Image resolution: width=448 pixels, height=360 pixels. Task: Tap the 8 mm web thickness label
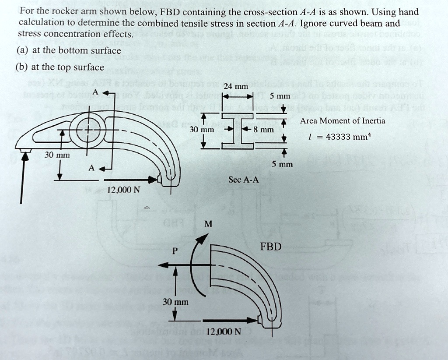point(265,130)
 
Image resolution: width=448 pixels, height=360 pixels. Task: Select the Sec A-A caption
point(244,180)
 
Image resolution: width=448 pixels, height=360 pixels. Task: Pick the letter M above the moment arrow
point(208,224)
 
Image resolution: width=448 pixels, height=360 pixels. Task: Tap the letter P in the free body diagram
point(175,251)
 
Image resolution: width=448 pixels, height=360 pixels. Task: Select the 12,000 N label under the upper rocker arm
point(124,190)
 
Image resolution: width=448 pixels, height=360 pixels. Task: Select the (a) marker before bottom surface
point(23,50)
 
